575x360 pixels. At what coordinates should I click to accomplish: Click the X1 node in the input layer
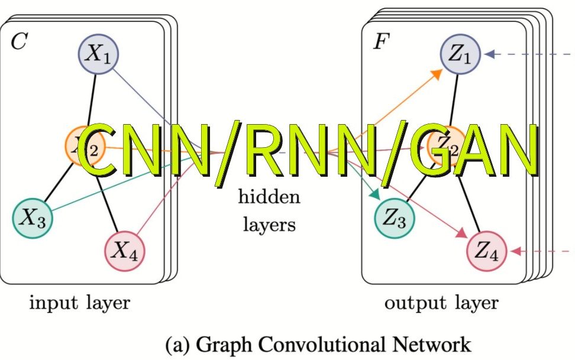click(x=99, y=54)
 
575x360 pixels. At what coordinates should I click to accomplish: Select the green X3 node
click(x=33, y=218)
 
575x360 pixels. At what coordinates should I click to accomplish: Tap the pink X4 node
click(x=125, y=251)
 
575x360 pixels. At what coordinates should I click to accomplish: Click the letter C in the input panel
click(x=18, y=43)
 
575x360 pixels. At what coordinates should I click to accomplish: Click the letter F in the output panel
click(x=380, y=43)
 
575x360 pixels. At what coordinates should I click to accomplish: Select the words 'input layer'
click(x=80, y=304)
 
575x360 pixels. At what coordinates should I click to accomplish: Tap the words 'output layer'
click(x=441, y=304)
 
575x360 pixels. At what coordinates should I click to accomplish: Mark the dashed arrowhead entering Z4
click(x=514, y=251)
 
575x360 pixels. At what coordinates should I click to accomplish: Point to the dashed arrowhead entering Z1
click(x=489, y=54)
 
